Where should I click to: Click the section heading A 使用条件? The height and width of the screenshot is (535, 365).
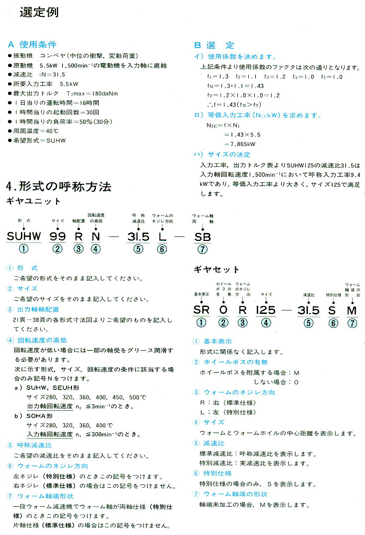(32, 45)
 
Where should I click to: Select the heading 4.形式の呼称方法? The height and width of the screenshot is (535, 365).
(59, 186)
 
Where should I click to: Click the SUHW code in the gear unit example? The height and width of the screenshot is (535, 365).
(24, 236)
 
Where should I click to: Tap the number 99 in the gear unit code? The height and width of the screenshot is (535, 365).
(59, 236)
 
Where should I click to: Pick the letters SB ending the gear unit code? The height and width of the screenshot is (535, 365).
(202, 236)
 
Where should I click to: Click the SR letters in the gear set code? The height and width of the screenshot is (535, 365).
(201, 310)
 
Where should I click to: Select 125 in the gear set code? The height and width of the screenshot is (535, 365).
(266, 310)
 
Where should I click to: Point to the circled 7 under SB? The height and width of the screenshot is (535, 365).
(202, 249)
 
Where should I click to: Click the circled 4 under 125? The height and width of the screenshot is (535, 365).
(266, 323)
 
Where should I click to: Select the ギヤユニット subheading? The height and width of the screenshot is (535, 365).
(33, 201)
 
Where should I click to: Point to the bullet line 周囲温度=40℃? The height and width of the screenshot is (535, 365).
(34, 130)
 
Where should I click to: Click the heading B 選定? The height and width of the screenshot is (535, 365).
(214, 45)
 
